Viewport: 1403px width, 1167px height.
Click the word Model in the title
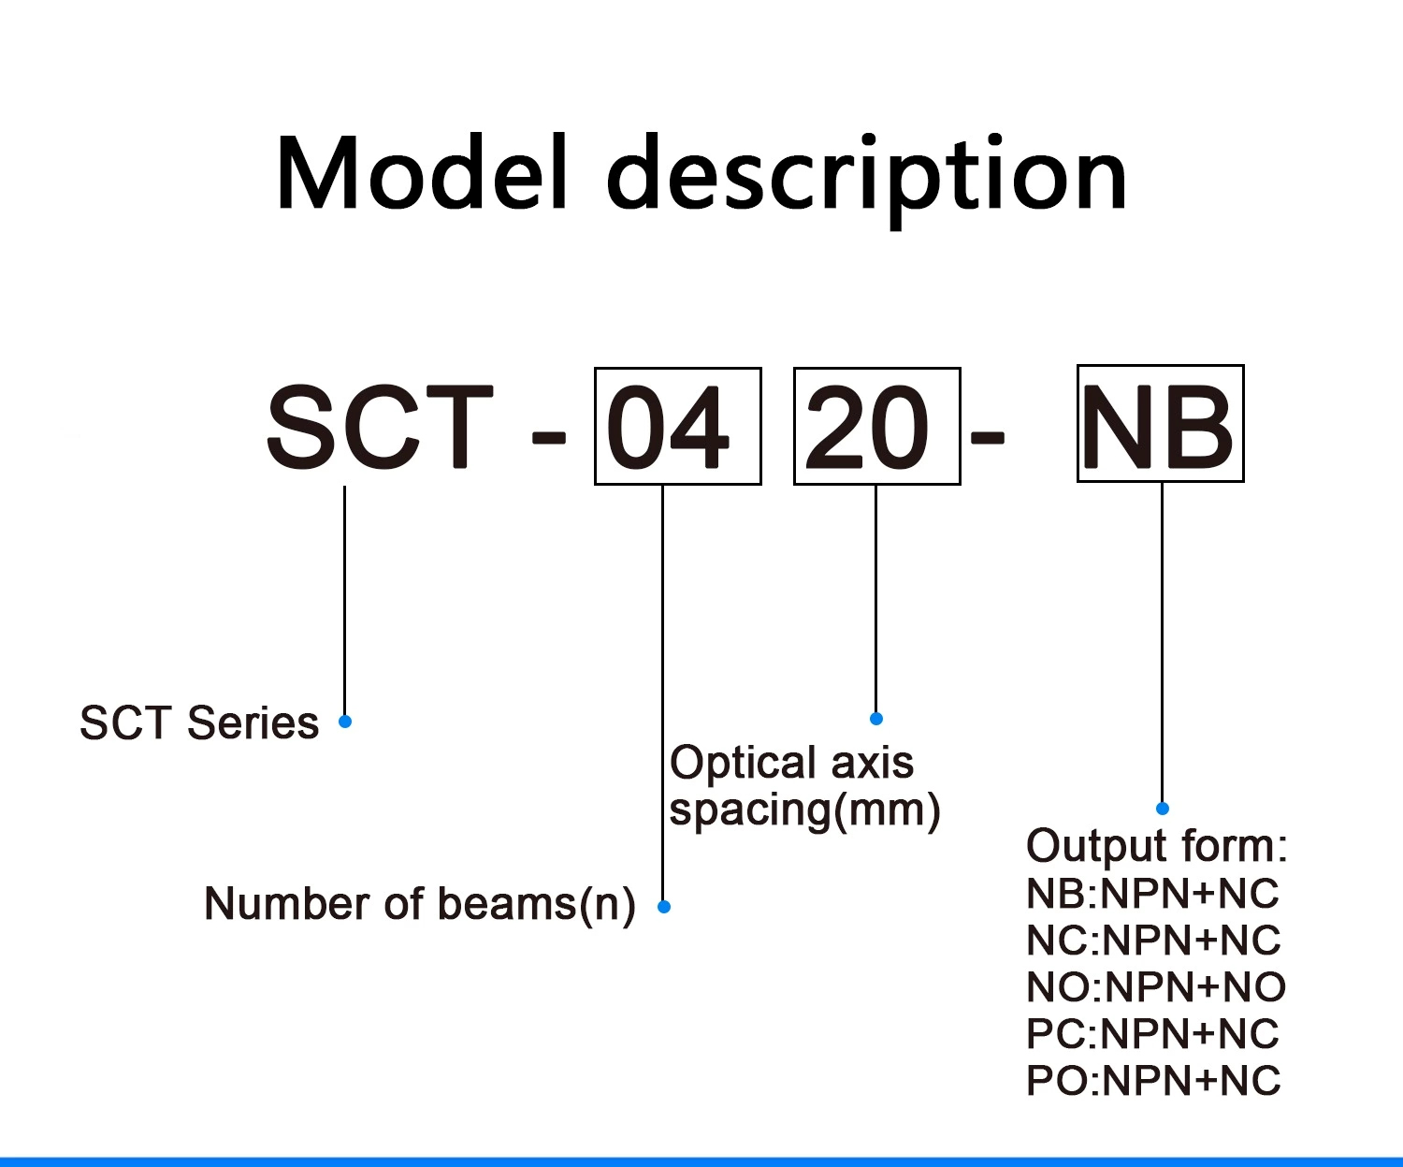tap(422, 174)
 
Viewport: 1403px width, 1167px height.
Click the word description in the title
tap(867, 178)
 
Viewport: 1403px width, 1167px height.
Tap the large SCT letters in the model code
tap(379, 427)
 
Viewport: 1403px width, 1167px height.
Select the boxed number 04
tap(677, 427)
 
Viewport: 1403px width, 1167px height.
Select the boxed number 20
tap(876, 427)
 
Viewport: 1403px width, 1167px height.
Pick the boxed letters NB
tap(1160, 425)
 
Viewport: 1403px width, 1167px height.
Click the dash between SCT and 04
tap(548, 436)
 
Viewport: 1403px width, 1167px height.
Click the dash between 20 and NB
tap(987, 436)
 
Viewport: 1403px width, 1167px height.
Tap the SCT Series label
tap(199, 723)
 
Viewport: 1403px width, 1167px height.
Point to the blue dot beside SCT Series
tap(345, 722)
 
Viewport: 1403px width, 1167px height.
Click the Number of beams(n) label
tap(420, 905)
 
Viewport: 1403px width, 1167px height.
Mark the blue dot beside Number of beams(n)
tap(664, 907)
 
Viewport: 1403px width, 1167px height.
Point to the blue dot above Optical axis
tap(876, 719)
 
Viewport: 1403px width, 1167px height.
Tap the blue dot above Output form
tap(1163, 809)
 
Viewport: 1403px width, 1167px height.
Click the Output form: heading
tap(1157, 846)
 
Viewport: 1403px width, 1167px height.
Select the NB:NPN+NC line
tap(1152, 894)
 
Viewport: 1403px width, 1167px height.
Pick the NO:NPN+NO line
tap(1156, 987)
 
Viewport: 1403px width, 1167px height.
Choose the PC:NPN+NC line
tap(1152, 1034)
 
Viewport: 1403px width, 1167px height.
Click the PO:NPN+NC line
tap(1153, 1081)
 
